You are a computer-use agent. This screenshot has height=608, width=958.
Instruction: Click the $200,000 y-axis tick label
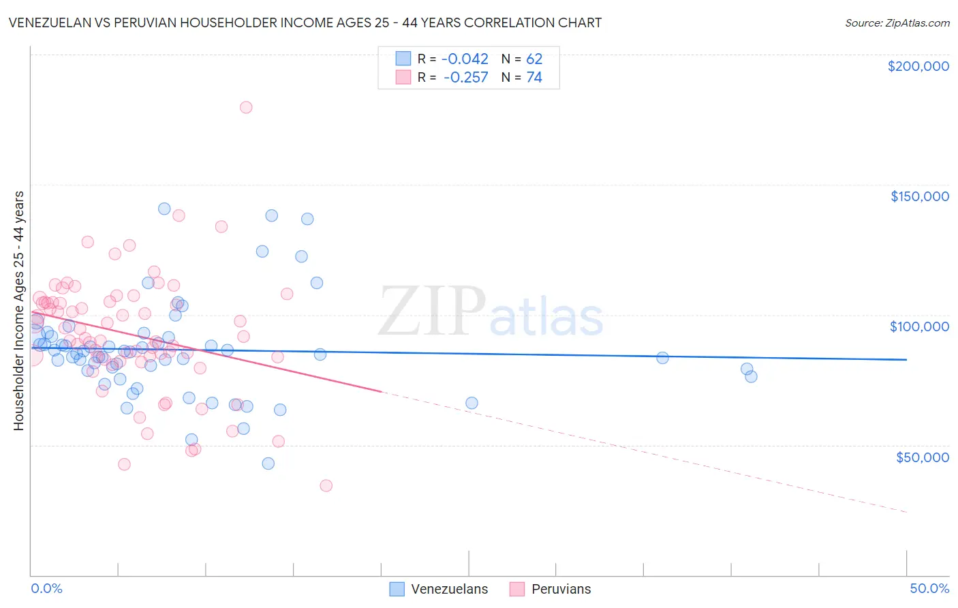[x=918, y=66]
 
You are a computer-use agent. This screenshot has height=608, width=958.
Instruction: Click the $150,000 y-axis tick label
[x=919, y=196]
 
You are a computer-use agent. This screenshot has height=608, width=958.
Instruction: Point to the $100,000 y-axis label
[x=919, y=326]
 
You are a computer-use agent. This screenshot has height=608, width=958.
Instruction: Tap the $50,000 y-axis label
[x=922, y=457]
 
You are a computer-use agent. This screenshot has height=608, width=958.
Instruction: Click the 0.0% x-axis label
[x=46, y=589]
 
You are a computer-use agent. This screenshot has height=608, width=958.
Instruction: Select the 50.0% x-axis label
[x=929, y=589]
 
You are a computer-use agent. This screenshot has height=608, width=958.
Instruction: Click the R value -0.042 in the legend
[x=465, y=59]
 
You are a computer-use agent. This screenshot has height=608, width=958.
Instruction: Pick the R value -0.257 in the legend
[x=465, y=78]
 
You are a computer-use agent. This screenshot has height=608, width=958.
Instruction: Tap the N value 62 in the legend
[x=534, y=59]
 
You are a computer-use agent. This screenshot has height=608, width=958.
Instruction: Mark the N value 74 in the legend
[x=534, y=78]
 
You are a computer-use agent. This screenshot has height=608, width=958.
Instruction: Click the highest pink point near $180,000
[x=246, y=107]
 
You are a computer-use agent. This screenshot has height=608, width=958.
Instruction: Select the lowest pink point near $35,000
[x=326, y=485]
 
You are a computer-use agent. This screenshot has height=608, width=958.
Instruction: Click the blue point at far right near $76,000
[x=751, y=376]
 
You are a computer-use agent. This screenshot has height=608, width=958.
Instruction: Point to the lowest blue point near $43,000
[x=268, y=463]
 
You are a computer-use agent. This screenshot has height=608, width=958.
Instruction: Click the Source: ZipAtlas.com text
[x=897, y=23]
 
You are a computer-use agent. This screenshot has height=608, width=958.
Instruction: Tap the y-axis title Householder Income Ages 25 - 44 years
[x=19, y=311]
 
